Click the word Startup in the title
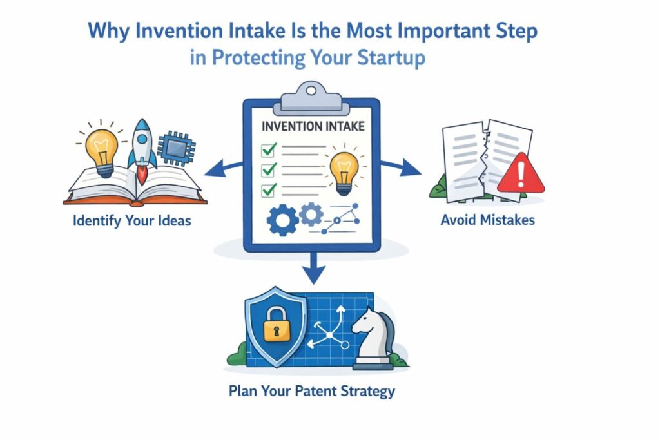[x=391, y=57]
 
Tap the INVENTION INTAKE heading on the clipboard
[x=313, y=126]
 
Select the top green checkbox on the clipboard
[x=269, y=149]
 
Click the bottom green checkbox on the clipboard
[x=269, y=190]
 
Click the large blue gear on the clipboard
[x=282, y=220]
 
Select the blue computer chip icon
[x=176, y=149]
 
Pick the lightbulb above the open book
[x=101, y=150]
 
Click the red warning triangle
[x=521, y=173]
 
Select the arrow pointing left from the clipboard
[x=224, y=168]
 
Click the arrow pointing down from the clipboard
[x=313, y=269]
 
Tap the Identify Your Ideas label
[x=131, y=221]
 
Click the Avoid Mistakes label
[x=487, y=220]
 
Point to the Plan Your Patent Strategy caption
[x=312, y=391]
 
